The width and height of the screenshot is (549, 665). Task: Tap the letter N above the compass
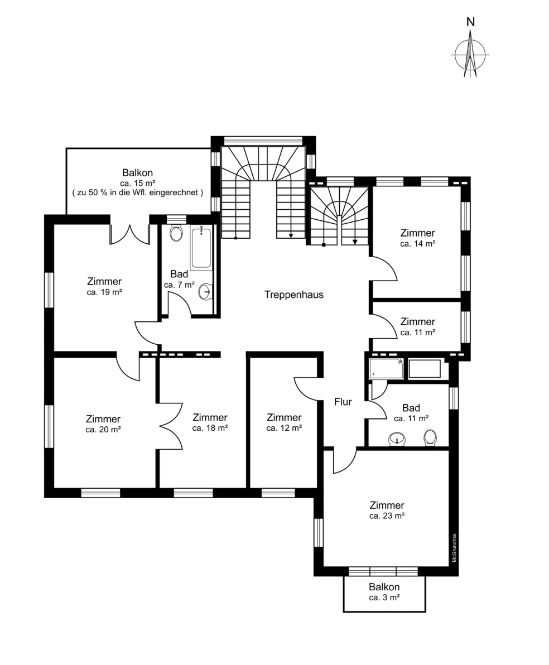click(x=470, y=22)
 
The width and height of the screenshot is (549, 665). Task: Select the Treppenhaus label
click(x=293, y=295)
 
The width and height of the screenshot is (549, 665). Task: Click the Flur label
click(x=343, y=402)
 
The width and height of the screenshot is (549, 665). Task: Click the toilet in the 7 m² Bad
click(x=176, y=233)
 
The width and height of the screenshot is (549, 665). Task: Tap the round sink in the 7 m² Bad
click(x=206, y=292)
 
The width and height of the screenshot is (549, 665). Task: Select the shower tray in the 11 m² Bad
click(x=386, y=369)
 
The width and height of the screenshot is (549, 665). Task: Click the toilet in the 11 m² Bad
click(x=430, y=438)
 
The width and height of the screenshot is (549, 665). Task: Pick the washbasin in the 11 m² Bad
click(x=397, y=440)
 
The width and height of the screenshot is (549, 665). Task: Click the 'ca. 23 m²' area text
click(x=387, y=516)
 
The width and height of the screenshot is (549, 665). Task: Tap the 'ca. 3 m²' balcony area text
click(x=384, y=597)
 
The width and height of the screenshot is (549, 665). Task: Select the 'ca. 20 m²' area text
click(x=103, y=430)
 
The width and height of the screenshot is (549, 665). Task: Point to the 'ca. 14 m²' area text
click(x=417, y=244)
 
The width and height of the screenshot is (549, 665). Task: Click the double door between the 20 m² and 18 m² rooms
click(x=171, y=425)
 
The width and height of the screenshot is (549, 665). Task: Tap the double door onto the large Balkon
click(x=129, y=234)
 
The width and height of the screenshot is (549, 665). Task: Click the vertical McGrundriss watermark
click(x=454, y=548)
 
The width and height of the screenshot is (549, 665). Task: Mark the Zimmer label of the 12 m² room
click(x=284, y=417)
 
